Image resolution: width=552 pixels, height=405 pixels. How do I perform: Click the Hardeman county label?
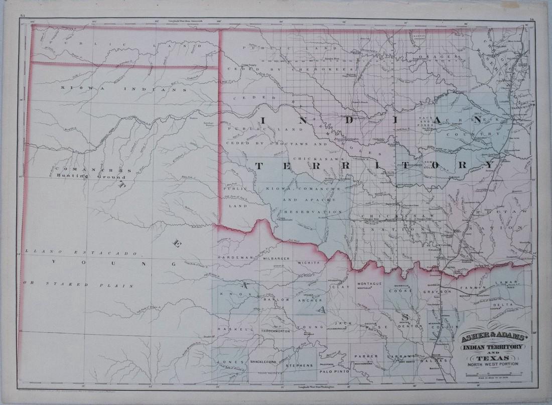231,257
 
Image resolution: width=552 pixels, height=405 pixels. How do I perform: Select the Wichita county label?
309,262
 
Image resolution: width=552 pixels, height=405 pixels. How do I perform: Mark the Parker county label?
368,356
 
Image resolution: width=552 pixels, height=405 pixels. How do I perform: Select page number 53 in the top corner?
22,17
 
